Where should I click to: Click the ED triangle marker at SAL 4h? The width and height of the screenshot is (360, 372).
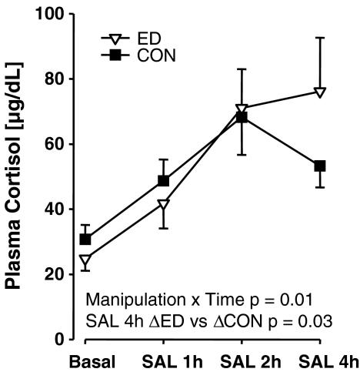click(x=320, y=92)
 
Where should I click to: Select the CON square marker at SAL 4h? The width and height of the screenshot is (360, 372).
click(x=320, y=166)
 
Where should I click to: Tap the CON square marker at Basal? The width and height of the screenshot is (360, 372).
click(x=85, y=240)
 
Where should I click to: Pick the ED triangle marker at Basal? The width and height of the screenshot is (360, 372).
click(x=85, y=261)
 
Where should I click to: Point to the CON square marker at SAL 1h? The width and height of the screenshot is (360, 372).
click(x=163, y=180)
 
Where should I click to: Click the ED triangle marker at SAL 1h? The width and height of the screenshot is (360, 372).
click(x=163, y=205)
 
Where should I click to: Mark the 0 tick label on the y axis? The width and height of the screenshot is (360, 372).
click(x=58, y=339)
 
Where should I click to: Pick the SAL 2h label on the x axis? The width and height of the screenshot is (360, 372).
click(x=242, y=360)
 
